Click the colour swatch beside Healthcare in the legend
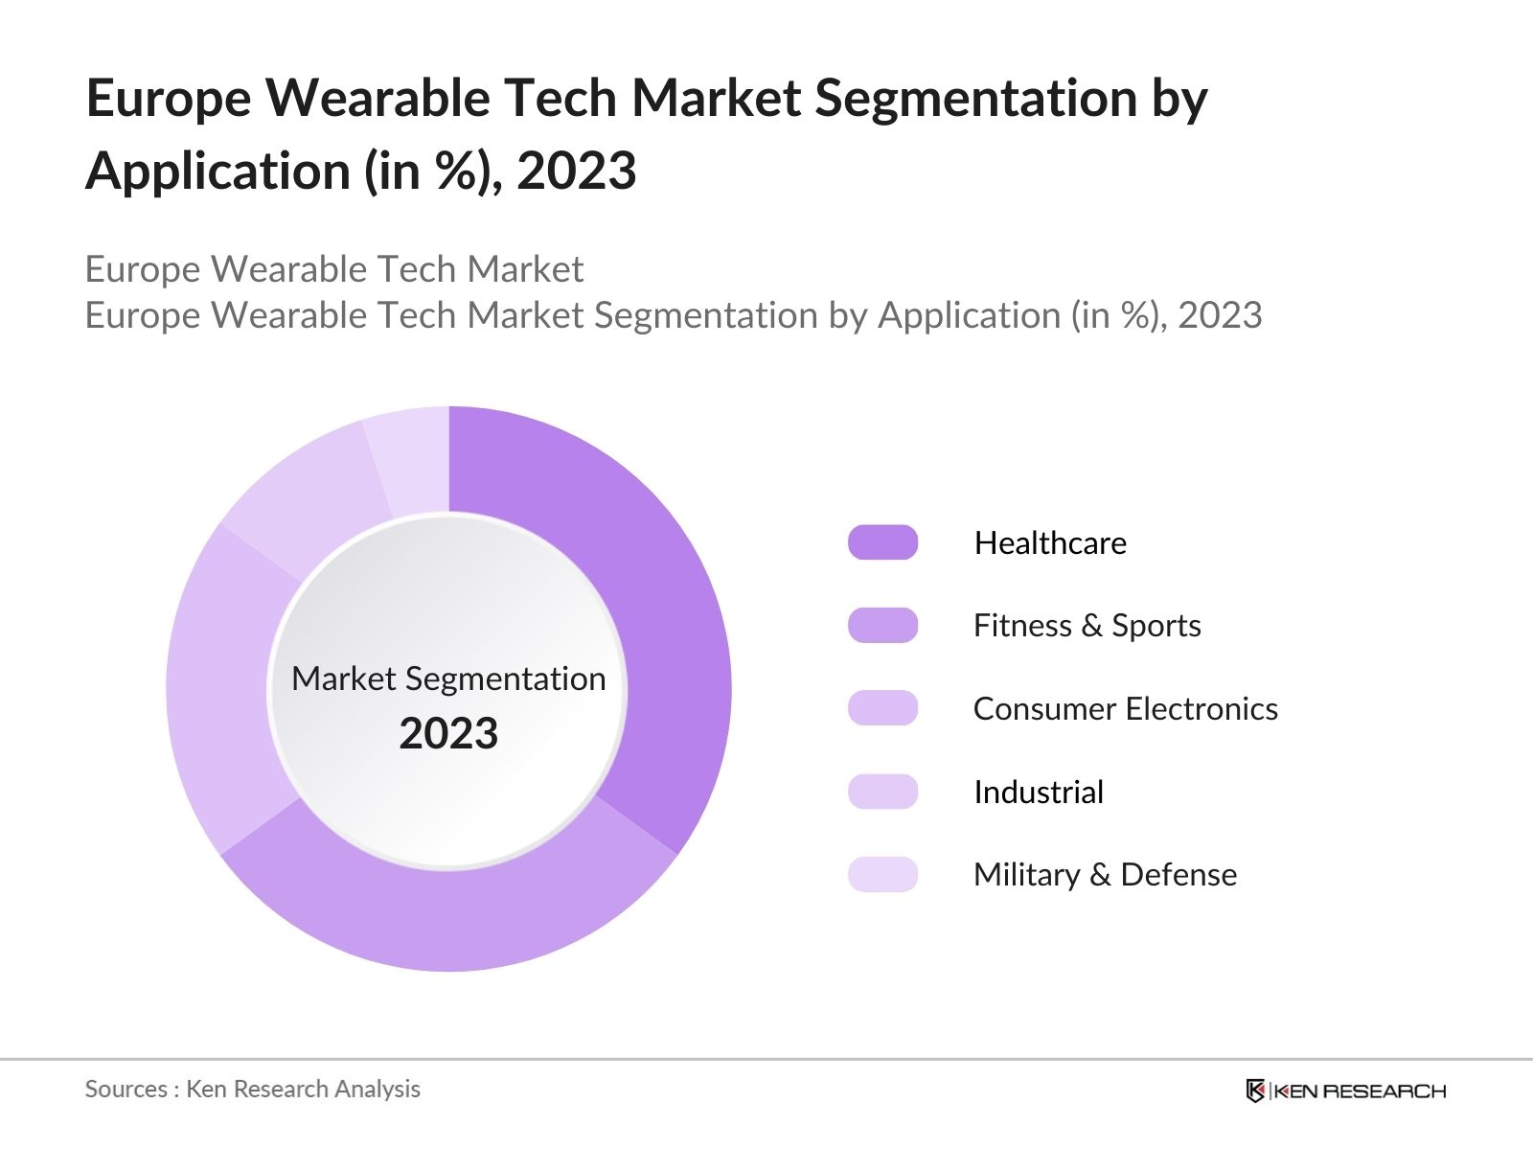click(882, 542)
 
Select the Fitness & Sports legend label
click(1087, 626)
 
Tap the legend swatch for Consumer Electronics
click(882, 708)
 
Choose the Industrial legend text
click(1039, 792)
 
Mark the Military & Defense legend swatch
click(882, 874)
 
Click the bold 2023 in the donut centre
click(448, 734)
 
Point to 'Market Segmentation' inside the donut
click(448, 678)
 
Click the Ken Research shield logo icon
click(1255, 1091)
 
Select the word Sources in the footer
click(126, 1089)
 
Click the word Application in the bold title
click(218, 172)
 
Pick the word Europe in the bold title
click(168, 98)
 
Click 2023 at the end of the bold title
click(576, 172)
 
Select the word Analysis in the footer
click(383, 1089)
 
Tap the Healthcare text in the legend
click(1050, 543)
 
